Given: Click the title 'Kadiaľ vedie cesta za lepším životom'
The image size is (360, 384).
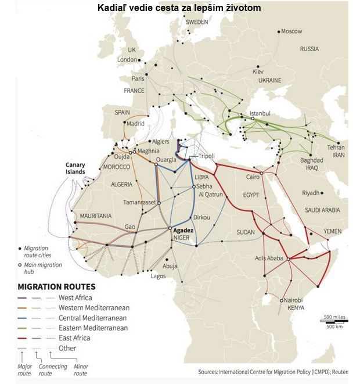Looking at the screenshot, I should coord(179,8).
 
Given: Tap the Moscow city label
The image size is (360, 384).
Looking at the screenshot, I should coord(291,31).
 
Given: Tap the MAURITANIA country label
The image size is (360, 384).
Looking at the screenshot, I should coord(96,216).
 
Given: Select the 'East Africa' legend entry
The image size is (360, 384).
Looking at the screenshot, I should coord(77,338).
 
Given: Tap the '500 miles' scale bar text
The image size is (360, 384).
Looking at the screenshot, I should coord(335,317).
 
